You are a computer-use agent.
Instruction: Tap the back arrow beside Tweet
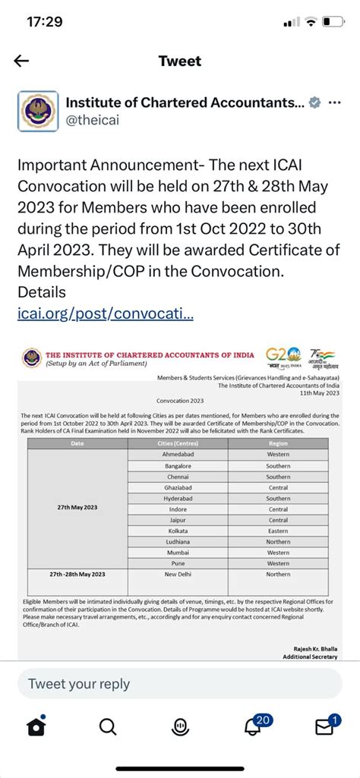[21, 61]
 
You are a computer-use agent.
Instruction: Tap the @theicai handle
[93, 119]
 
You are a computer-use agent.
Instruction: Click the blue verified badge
[314, 102]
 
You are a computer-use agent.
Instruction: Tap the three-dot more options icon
[334, 102]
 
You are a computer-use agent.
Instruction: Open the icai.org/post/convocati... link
[106, 312]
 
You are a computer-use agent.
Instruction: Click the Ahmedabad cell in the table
[177, 453]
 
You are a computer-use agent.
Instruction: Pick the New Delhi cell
[177, 575]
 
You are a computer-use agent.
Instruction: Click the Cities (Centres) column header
[177, 442]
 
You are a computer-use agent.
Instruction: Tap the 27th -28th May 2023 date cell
[78, 575]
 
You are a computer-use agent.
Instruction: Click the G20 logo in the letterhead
[278, 355]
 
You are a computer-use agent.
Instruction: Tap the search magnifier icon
[108, 727]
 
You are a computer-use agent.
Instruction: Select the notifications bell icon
[253, 727]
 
